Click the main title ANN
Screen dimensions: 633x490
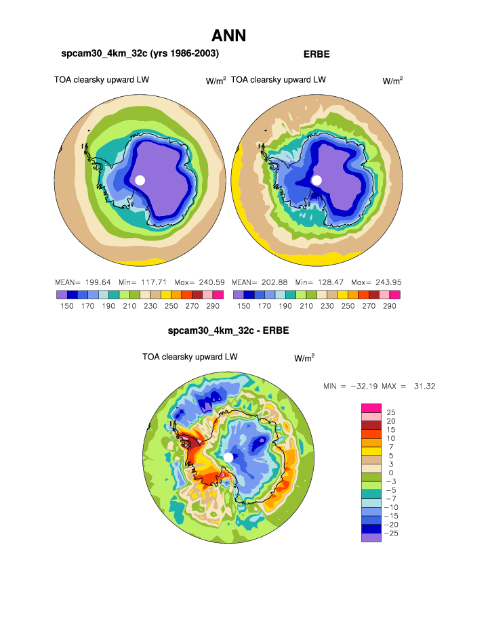pos(228,36)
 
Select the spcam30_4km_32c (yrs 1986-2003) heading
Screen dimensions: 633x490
pos(140,53)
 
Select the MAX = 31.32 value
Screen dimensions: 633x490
pos(412,386)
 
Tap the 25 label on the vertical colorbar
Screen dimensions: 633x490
pos(390,412)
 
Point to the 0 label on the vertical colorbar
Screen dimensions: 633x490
pos(390,473)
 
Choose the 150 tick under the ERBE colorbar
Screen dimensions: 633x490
pos(243,306)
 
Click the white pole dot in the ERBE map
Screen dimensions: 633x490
pos(317,180)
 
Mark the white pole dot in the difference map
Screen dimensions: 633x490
pos(228,458)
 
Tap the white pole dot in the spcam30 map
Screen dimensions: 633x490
pos(140,180)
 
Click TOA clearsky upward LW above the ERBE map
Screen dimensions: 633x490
pos(279,80)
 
